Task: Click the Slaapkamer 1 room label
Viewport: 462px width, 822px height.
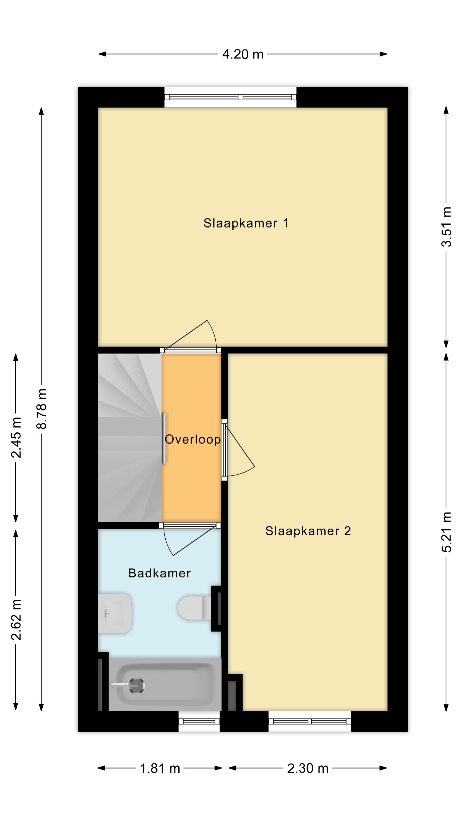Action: click(x=246, y=223)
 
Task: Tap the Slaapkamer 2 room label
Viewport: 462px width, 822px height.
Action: click(x=308, y=531)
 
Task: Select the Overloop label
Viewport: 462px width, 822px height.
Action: click(x=192, y=439)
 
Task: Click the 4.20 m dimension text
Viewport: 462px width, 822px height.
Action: click(x=243, y=54)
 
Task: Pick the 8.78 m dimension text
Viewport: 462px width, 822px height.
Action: click(x=42, y=409)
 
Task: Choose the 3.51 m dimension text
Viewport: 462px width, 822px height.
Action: click(x=446, y=227)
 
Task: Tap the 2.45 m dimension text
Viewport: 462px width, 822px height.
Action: click(x=16, y=438)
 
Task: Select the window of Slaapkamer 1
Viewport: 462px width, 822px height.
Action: click(x=231, y=97)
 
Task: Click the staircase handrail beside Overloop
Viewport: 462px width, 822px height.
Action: click(x=164, y=438)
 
